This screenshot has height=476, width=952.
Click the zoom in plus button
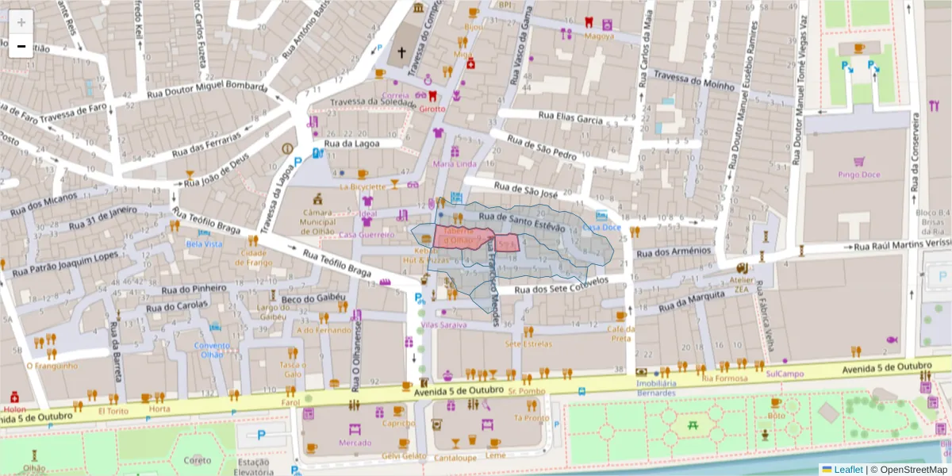click(21, 21)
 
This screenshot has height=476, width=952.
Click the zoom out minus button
click(21, 46)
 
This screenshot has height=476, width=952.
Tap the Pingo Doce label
click(859, 173)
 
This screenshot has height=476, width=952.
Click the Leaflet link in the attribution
click(847, 470)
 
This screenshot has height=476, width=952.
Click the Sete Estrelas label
click(528, 344)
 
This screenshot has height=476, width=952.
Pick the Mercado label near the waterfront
click(355, 443)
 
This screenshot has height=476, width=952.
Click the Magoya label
click(599, 36)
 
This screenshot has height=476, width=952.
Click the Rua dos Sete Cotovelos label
click(561, 287)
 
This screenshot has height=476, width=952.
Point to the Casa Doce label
click(601, 227)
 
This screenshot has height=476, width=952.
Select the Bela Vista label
click(204, 244)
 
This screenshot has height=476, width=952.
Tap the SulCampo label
click(785, 374)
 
